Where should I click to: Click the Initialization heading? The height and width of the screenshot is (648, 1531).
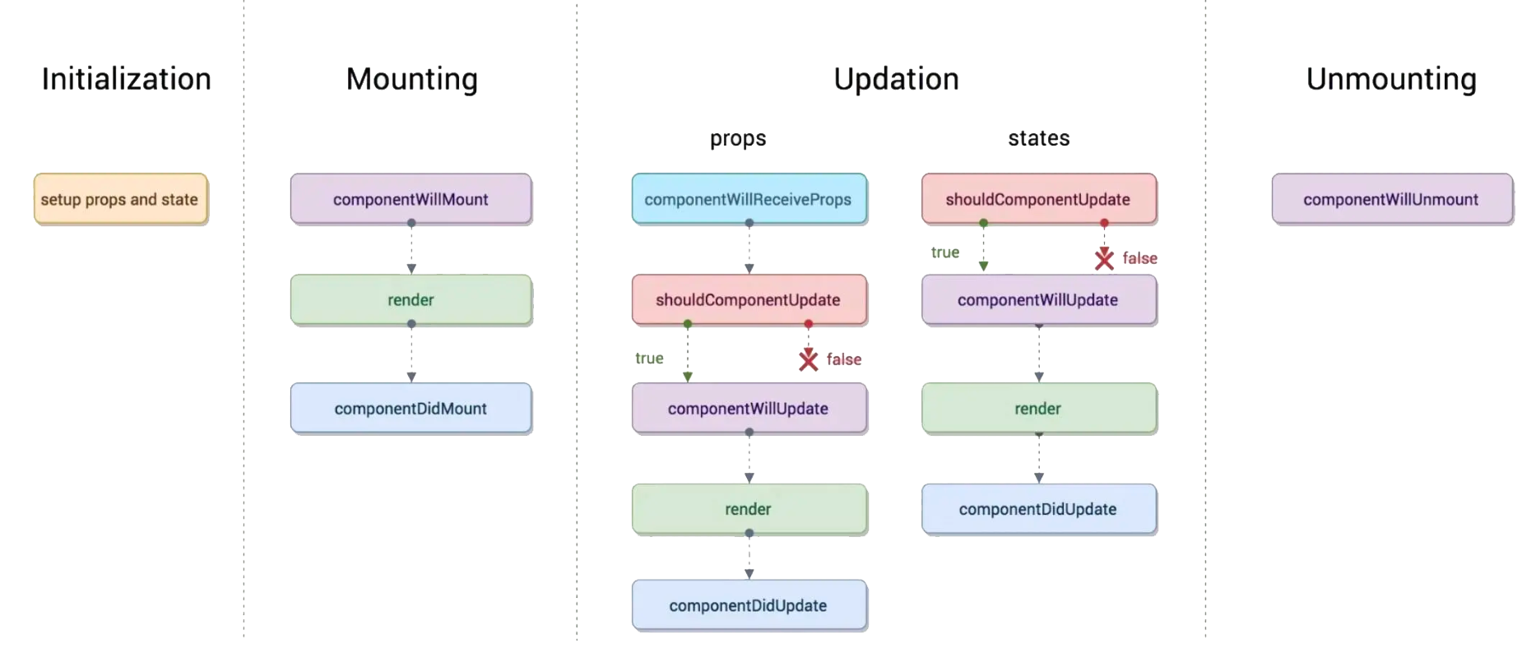(127, 79)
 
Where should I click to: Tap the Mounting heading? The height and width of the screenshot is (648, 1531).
(411, 79)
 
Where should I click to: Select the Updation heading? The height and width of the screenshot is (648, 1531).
(896, 79)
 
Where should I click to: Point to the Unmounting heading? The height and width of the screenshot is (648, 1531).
(1391, 79)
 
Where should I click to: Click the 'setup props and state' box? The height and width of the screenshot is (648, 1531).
(120, 199)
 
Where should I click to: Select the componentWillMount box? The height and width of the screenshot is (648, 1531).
(411, 199)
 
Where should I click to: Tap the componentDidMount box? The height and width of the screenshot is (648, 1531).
(411, 408)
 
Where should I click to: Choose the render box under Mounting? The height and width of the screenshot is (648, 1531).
(411, 300)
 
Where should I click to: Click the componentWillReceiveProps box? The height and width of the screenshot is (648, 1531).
(749, 199)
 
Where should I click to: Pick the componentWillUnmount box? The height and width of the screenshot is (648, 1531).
(1392, 199)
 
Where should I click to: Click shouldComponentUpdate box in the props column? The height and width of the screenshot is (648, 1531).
(749, 300)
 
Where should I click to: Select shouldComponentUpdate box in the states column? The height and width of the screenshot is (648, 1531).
(1038, 199)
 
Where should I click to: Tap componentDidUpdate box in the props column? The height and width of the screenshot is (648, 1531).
(749, 605)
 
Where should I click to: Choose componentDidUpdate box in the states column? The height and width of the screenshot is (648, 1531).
(1038, 509)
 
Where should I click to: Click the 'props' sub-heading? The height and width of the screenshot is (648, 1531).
(738, 139)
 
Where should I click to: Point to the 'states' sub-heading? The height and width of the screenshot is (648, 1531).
(1039, 138)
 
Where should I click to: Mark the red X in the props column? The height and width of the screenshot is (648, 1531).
(809, 359)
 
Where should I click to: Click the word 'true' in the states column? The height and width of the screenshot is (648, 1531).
(945, 252)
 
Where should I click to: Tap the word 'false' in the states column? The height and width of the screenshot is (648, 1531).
(1139, 258)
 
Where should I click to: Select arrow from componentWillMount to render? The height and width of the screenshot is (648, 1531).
(411, 248)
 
